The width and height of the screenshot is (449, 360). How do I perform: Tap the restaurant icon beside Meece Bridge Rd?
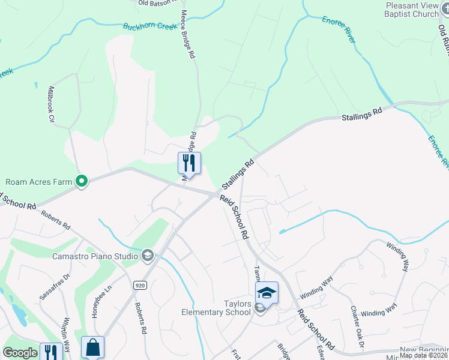pyautogui.click(x=189, y=163)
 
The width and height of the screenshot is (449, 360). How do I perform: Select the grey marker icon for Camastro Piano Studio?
pyautogui.click(x=147, y=256)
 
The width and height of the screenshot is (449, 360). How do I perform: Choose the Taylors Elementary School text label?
pyautogui.click(x=216, y=308)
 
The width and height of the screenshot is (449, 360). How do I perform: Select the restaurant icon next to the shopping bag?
pyautogui.click(x=51, y=352)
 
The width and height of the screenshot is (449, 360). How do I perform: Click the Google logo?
pyautogui.click(x=20, y=353)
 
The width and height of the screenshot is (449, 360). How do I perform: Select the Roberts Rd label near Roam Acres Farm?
pyautogui.click(x=56, y=219)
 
